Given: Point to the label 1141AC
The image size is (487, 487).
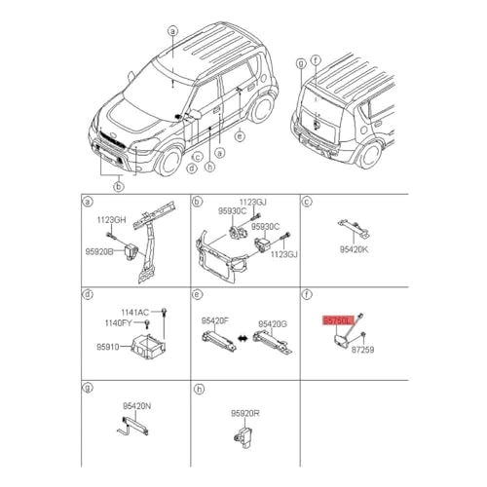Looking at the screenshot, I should [x=134, y=312].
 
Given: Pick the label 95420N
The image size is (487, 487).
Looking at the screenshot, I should [x=136, y=406].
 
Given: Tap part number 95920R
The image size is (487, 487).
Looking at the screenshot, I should [x=245, y=412].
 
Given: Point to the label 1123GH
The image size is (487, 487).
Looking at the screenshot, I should [x=111, y=220].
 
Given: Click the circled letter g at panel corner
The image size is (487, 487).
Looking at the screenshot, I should [x=87, y=388].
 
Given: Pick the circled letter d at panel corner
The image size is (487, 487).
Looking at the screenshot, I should [x=87, y=294].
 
